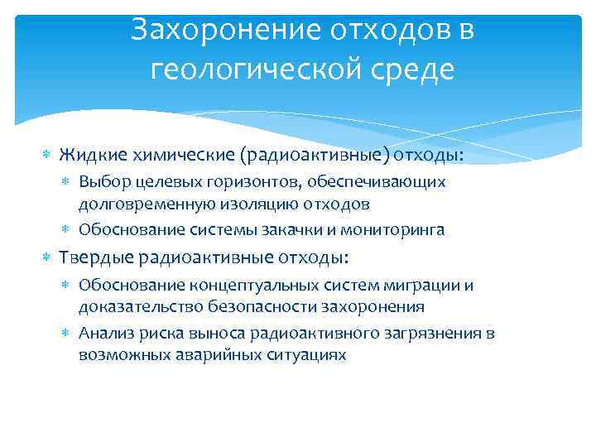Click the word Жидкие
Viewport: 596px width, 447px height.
point(86,155)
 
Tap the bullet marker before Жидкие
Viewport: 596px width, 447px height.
point(46,156)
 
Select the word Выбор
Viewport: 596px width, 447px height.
point(100,181)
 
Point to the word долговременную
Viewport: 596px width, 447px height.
point(147,203)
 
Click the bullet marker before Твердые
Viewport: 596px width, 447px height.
point(46,258)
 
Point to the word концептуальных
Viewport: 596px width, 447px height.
point(238,286)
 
